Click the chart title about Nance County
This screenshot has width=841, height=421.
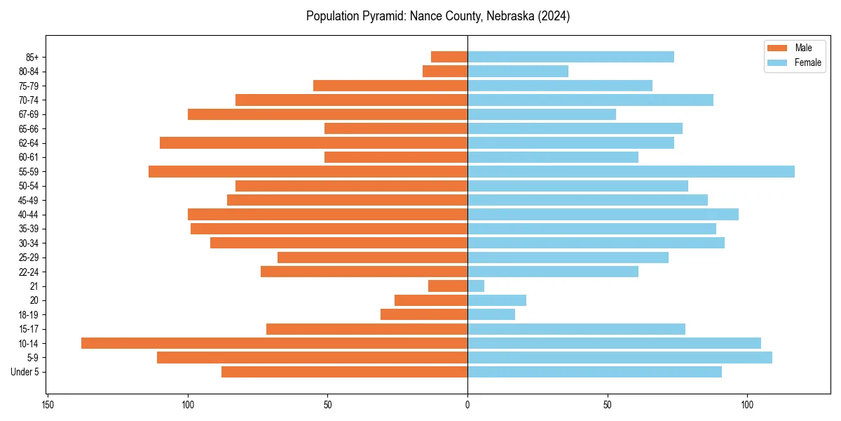coord(438,16)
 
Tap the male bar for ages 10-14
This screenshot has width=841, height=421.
coord(274,343)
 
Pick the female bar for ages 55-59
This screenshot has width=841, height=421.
coord(631,171)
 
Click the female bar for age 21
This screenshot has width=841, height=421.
coord(476,286)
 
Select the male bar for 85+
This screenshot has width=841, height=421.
coord(449,57)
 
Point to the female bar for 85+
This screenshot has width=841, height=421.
coord(570,57)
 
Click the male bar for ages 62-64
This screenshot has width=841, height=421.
coord(313,142)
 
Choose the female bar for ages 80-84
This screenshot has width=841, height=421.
coord(518,71)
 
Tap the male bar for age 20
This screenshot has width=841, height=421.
coord(431,300)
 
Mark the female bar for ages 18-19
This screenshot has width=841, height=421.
coord(491,314)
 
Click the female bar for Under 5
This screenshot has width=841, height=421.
coord(594,372)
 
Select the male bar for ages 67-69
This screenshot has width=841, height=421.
coord(327,114)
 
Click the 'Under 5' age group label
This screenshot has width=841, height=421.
coord(25,372)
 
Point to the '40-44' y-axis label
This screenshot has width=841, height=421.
coord(29,215)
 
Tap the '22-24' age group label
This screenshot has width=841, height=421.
coord(29,272)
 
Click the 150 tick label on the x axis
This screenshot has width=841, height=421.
coord(48,405)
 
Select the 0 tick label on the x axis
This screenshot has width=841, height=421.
coord(467,405)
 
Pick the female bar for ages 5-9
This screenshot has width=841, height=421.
coord(620,357)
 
